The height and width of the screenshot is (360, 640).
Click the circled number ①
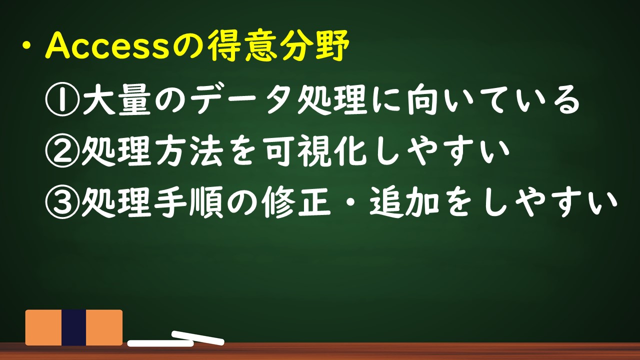click(63, 99)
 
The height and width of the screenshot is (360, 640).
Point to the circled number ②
click(63, 150)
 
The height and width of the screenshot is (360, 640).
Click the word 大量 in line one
click(116, 99)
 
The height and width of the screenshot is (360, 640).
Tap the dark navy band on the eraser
click(73, 327)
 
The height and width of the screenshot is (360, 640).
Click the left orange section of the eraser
click(43, 327)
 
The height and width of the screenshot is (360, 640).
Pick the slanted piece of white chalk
click(197, 337)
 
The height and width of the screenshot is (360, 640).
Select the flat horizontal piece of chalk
click(160, 343)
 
